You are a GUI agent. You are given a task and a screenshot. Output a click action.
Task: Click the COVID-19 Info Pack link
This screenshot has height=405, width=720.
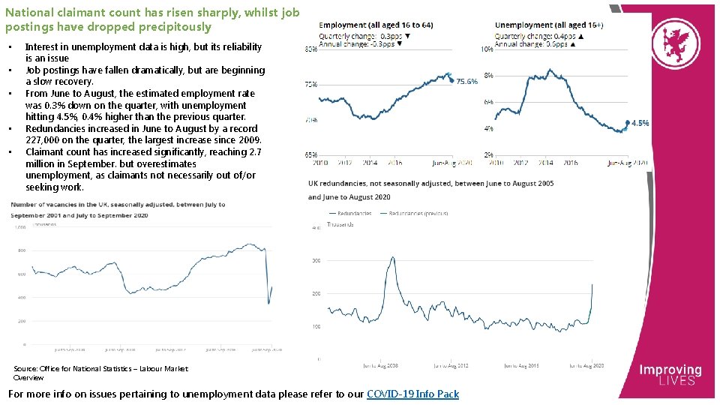coord(412,394)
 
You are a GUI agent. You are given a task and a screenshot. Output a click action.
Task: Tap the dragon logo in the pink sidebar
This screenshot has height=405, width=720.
coord(667,45)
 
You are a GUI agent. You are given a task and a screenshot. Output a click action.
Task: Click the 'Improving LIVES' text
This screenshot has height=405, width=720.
coord(670,375)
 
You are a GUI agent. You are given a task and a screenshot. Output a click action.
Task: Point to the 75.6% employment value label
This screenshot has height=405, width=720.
coord(466,82)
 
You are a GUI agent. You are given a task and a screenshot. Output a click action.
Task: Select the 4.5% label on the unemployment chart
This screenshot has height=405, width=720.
coord(640,123)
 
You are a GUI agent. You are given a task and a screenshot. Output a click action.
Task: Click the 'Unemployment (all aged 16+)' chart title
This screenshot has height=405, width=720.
coord(549,25)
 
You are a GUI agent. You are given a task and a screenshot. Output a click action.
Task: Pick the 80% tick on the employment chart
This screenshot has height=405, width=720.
coord(309,49)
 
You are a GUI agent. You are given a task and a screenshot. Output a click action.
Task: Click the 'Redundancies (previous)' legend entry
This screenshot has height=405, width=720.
coord(418,213)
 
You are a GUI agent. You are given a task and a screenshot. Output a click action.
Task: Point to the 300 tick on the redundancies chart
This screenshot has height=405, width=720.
coord(316,261)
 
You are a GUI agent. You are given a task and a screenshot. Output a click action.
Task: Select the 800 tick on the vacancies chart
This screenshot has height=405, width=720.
coord(21,250)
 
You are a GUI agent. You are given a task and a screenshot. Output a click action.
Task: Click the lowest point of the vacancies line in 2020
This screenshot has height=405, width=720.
coord(268,303)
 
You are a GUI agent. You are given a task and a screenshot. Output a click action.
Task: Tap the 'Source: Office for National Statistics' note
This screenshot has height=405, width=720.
coord(100,373)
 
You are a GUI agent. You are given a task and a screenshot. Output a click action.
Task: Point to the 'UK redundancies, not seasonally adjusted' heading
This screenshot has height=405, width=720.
coord(430,183)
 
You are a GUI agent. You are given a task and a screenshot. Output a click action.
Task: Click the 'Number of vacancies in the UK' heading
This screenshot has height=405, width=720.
coord(118,204)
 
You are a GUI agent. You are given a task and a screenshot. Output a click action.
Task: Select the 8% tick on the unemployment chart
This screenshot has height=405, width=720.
coord(489,76)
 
